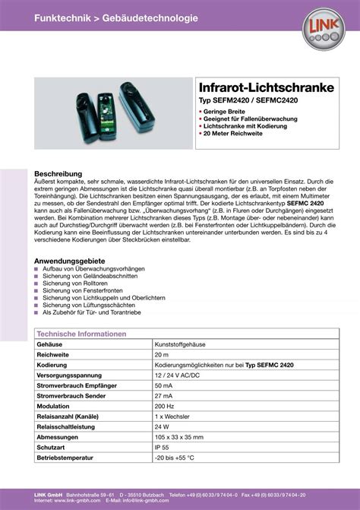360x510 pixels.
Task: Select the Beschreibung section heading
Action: (x=58, y=173)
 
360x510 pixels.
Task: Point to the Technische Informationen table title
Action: (x=81, y=334)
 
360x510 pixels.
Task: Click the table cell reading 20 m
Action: (x=162, y=355)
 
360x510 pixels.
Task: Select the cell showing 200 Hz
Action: (x=165, y=407)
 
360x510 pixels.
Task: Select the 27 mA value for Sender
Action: (x=164, y=396)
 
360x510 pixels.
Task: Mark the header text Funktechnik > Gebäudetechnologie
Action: (x=115, y=17)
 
